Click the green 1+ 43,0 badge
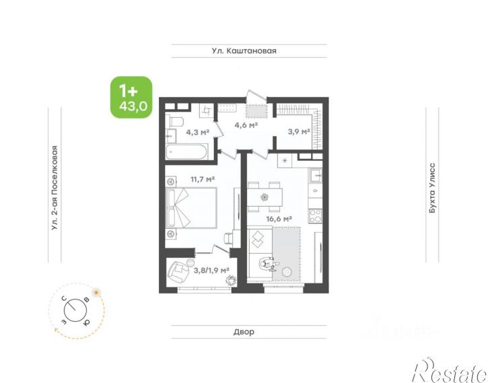[x=132, y=98]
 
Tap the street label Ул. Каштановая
[x=244, y=50]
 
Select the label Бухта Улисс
[x=432, y=188]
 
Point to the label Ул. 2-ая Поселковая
[x=55, y=188]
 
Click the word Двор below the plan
[x=244, y=332]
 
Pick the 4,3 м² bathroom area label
[x=198, y=132]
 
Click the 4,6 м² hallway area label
[x=246, y=125]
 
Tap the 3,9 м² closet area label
[x=299, y=132]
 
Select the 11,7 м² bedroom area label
[x=203, y=179]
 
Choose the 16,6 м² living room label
[x=279, y=219]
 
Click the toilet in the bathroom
[x=174, y=121]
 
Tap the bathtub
[x=186, y=152]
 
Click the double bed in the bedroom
[x=191, y=208]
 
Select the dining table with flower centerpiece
[x=265, y=197]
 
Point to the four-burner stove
[x=315, y=216]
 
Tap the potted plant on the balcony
[x=231, y=280]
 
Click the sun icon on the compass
[x=96, y=292]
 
